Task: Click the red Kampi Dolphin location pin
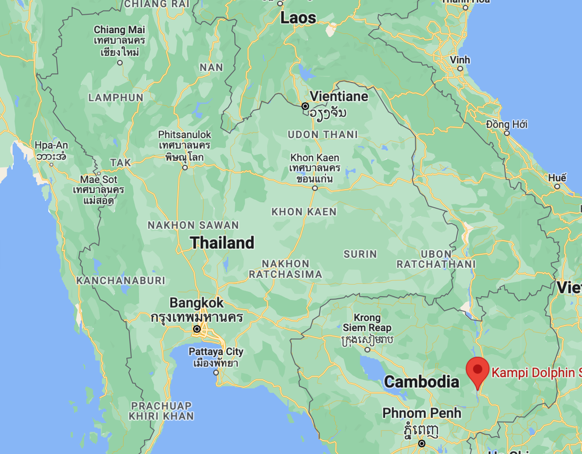click(477, 370)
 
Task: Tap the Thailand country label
click(222, 243)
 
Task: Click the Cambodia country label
click(422, 382)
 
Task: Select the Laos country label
click(298, 18)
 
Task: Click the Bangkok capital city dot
click(197, 329)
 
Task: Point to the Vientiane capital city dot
click(305, 106)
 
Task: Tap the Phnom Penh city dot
click(422, 444)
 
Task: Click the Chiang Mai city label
click(119, 30)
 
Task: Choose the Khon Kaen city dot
click(315, 188)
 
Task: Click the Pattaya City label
click(216, 352)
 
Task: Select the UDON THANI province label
click(322, 135)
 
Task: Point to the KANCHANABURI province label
click(121, 280)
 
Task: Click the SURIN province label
click(360, 254)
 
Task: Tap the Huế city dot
click(557, 186)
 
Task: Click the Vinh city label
click(460, 60)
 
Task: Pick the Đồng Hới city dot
click(507, 133)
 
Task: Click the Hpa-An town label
click(51, 146)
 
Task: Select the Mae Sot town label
click(99, 180)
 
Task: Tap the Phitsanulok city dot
click(185, 167)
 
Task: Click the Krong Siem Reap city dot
click(367, 350)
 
